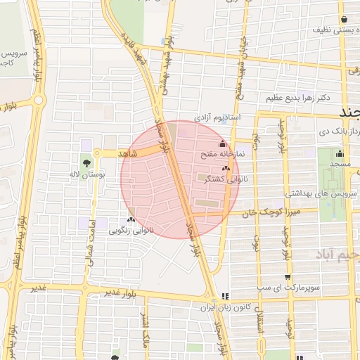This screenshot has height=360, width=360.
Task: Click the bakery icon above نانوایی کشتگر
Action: (226, 169)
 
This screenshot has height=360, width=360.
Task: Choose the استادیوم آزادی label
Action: (217, 115)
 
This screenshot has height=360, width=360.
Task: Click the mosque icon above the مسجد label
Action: (340, 154)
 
